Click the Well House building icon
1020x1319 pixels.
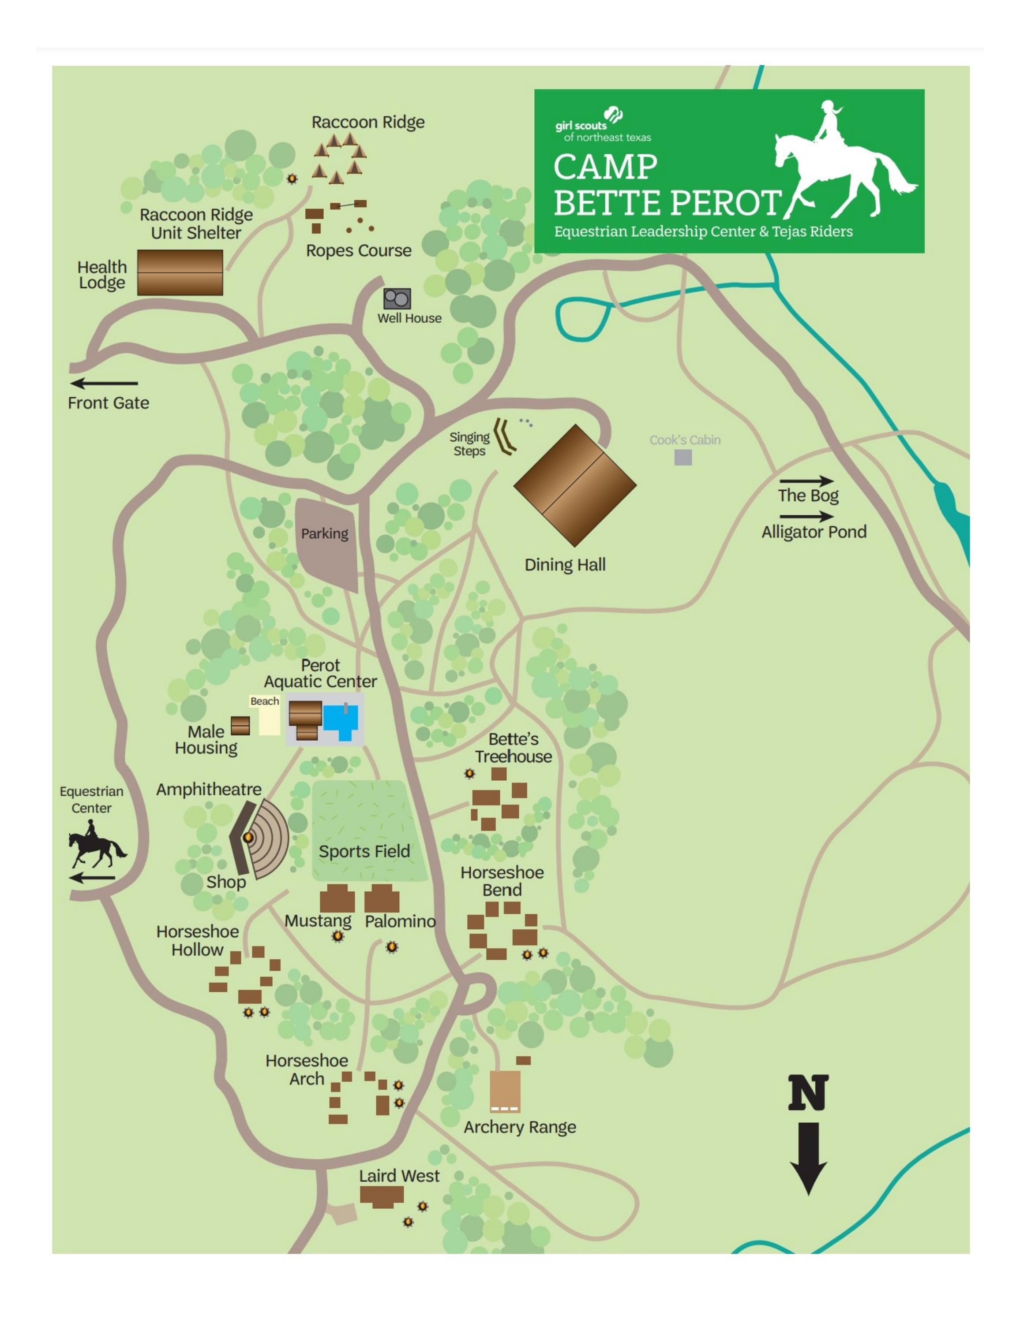(x=397, y=298)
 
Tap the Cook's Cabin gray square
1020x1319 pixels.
(x=683, y=457)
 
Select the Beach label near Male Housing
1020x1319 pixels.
(x=265, y=701)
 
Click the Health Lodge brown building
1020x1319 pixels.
(x=180, y=272)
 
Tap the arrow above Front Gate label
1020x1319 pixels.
(x=104, y=383)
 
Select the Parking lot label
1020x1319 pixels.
(x=325, y=534)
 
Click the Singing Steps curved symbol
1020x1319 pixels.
(x=503, y=436)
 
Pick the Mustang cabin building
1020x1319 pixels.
(x=337, y=899)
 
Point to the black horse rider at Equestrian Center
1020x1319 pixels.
(x=95, y=849)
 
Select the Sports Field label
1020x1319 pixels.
(x=364, y=852)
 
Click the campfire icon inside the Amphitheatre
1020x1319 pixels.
(x=248, y=837)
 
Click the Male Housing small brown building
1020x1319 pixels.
(x=240, y=725)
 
